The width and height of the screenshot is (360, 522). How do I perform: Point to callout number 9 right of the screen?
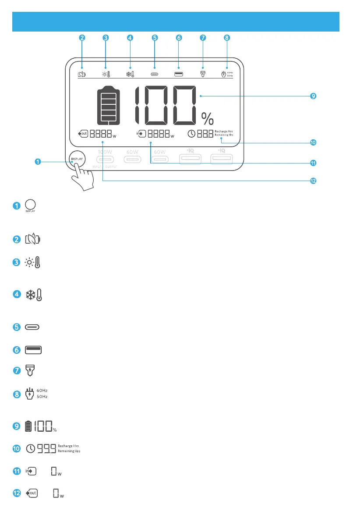click(313, 96)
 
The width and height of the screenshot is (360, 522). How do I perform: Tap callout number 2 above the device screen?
click(82, 38)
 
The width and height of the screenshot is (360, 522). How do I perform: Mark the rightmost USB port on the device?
click(221, 158)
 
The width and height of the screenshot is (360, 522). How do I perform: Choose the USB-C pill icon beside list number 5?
click(34, 327)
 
